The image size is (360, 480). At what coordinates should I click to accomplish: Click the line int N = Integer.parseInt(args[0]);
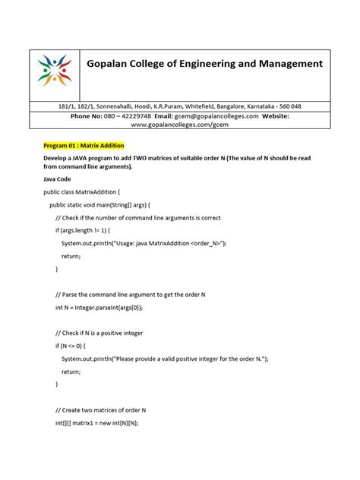(109, 308)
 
